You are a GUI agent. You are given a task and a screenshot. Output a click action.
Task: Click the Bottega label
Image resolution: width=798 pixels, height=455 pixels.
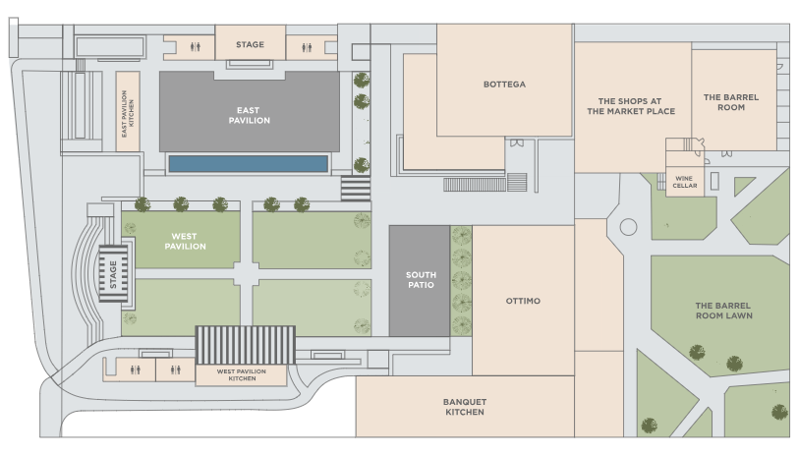pyautogui.click(x=504, y=85)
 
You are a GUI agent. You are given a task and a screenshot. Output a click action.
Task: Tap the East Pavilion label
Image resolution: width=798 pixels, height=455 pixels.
pyautogui.click(x=249, y=116)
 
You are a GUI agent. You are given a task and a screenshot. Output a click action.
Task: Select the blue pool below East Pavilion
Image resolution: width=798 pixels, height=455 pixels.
pyautogui.click(x=248, y=164)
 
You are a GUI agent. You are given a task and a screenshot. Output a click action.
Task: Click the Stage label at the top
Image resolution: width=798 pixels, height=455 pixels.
pyautogui.click(x=250, y=45)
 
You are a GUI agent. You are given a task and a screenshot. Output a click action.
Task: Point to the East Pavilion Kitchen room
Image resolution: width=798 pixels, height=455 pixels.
pyautogui.click(x=128, y=111)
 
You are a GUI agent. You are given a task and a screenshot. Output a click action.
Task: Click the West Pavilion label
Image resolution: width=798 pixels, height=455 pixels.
pyautogui.click(x=185, y=241)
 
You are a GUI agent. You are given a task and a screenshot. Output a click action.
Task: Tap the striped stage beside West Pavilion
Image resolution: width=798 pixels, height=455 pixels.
pyautogui.click(x=113, y=274)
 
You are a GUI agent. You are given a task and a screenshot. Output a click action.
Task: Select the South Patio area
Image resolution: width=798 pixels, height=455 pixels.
pyautogui.click(x=420, y=281)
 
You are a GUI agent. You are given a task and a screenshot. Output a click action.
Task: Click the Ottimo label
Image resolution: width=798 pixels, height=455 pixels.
pyautogui.click(x=523, y=302)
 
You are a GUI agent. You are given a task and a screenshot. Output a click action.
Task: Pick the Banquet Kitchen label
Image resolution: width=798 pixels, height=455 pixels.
pyautogui.click(x=465, y=407)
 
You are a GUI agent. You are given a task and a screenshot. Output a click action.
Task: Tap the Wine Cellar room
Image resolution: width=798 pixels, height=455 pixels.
pyautogui.click(x=685, y=182)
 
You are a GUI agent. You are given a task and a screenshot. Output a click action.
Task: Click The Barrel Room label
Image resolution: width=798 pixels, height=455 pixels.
pyautogui.click(x=731, y=102)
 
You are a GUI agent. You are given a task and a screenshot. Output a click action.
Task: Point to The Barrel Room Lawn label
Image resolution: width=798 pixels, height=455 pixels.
pyautogui.click(x=723, y=311)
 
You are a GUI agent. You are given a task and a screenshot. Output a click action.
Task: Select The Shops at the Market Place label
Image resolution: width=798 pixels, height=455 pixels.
pyautogui.click(x=631, y=106)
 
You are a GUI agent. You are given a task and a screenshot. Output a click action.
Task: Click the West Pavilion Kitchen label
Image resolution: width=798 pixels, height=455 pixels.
pyautogui.click(x=241, y=375)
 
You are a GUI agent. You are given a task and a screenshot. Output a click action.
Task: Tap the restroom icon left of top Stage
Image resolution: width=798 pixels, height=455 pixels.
pyautogui.click(x=196, y=47)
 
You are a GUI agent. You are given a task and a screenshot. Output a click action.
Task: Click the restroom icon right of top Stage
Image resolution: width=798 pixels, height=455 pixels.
pyautogui.click(x=307, y=47)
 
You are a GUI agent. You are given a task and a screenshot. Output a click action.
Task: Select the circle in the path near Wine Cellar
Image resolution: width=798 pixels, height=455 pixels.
pyautogui.click(x=629, y=227)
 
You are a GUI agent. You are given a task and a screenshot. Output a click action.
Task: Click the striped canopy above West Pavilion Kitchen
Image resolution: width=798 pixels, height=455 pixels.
pyautogui.click(x=246, y=345)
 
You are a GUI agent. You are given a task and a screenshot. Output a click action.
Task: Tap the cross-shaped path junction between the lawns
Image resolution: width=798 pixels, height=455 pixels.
pyautogui.click(x=247, y=274)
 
